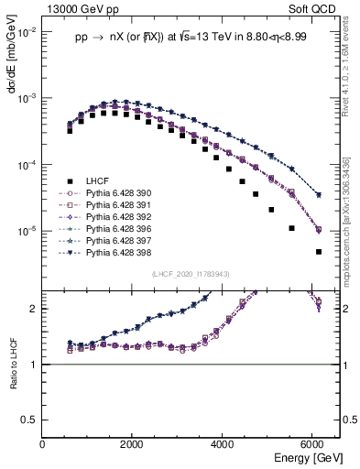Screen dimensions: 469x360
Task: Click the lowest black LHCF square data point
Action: tap(318, 251)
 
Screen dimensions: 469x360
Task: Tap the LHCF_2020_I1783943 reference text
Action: tap(191, 273)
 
